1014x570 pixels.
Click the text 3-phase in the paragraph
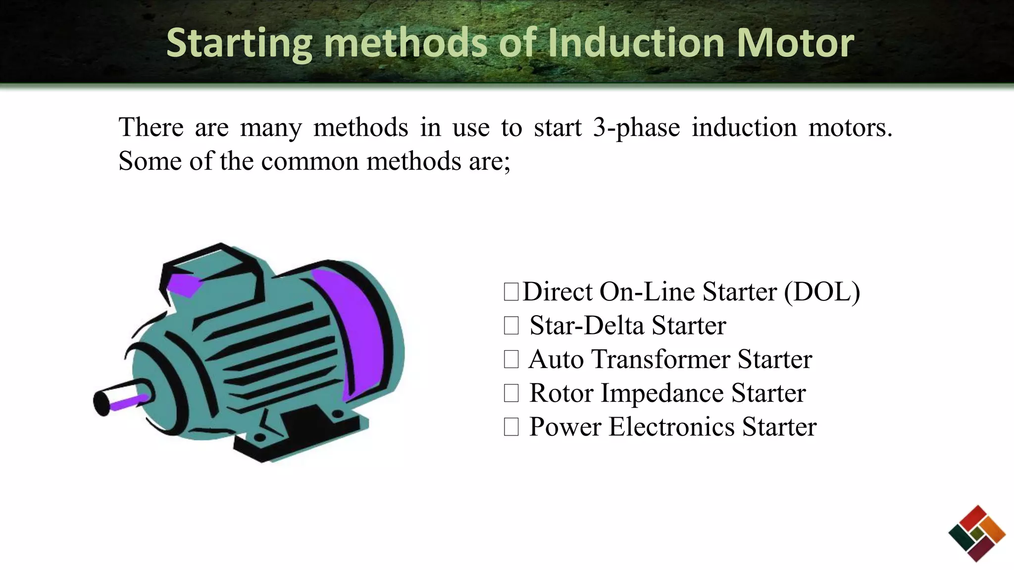click(636, 128)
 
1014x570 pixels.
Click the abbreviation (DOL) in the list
click(822, 292)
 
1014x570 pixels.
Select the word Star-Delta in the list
click(587, 326)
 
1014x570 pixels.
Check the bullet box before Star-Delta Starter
click(511, 326)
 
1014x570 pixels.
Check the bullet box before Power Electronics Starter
click(511, 427)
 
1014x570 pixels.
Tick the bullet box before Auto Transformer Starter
click(511, 359)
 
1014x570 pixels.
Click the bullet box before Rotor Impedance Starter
click(511, 393)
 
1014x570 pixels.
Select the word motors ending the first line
click(850, 128)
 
